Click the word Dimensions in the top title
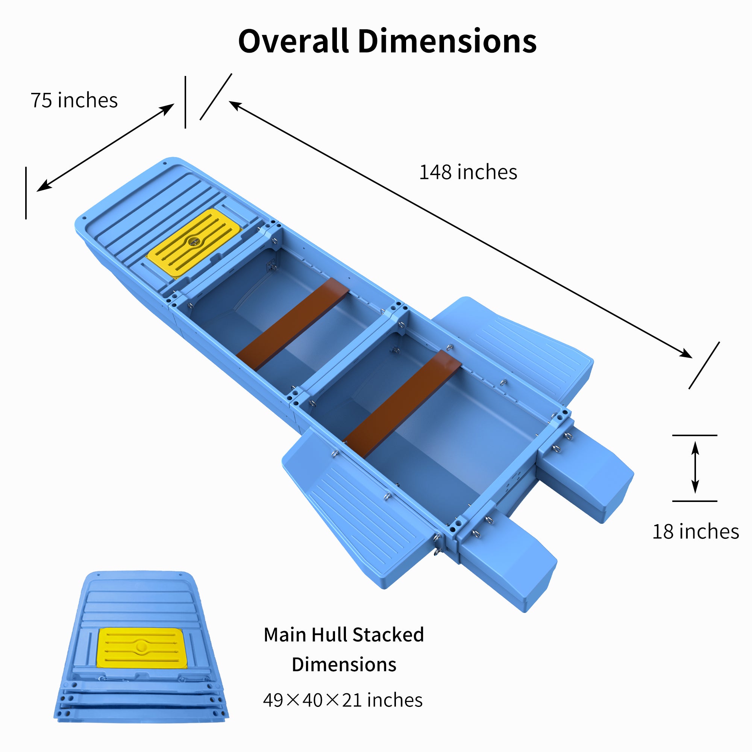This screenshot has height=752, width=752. tap(447, 41)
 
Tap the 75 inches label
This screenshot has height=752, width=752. tap(74, 100)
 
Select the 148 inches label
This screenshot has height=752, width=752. tap(468, 172)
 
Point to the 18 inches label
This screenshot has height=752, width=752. tap(696, 532)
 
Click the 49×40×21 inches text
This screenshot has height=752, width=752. tap(343, 700)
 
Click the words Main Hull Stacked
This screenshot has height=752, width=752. tap(344, 635)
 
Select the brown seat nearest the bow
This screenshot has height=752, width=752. tap(292, 324)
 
